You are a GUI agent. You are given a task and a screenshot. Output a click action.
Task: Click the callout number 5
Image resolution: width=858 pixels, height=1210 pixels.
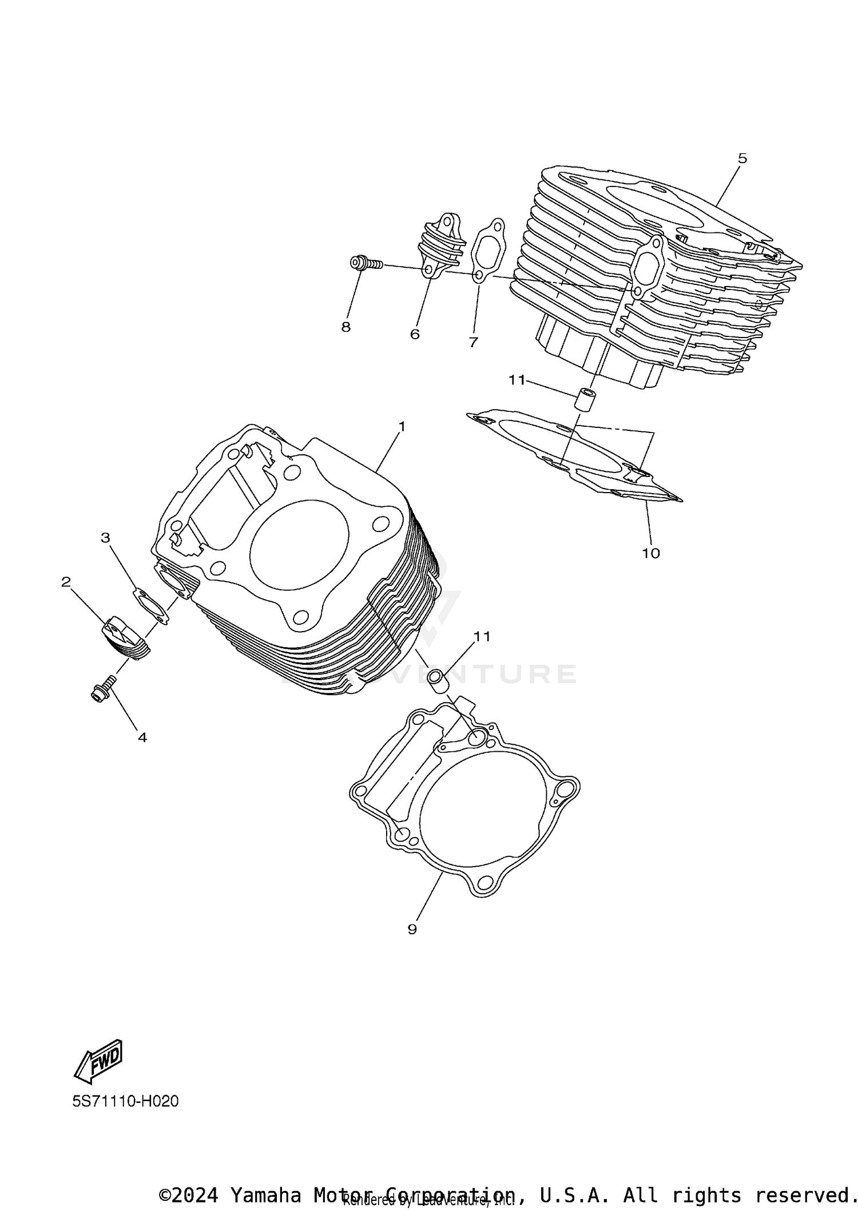coord(742,158)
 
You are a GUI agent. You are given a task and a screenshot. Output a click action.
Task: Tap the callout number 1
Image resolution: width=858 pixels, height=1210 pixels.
coord(402,426)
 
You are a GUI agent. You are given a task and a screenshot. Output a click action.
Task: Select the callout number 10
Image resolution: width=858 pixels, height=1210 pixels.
coord(651,553)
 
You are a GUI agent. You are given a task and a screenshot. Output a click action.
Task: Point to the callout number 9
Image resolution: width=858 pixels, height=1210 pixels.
coord(412,929)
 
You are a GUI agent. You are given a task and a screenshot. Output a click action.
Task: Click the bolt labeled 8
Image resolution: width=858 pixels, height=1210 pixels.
coord(366,263)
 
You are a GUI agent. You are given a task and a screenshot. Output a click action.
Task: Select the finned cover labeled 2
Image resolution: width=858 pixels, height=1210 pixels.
coord(126,638)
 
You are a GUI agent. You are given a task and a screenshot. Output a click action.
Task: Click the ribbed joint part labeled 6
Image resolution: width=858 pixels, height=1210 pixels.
coord(440,246)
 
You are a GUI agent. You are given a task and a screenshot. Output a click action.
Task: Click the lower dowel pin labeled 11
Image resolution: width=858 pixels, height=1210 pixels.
coord(439,681)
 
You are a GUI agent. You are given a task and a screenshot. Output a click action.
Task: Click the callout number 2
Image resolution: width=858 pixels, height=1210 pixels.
coord(66,582)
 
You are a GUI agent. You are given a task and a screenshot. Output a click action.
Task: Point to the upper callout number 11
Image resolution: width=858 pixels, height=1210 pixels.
coord(517,380)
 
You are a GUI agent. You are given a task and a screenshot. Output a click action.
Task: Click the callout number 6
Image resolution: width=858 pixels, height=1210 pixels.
coord(415,334)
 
